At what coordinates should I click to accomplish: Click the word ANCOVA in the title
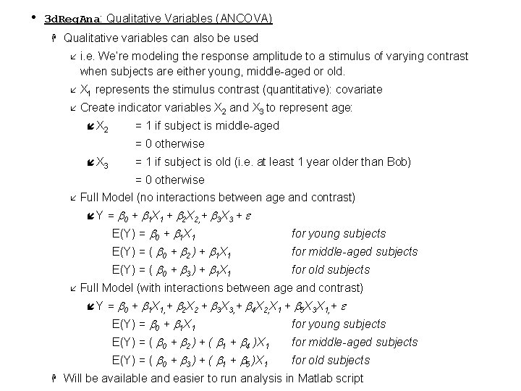click(250, 17)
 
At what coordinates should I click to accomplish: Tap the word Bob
click(393, 161)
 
